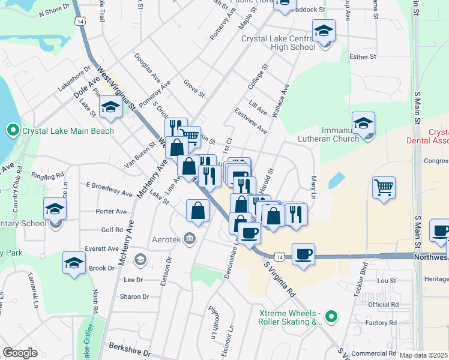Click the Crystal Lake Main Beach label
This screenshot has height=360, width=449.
click(68, 131)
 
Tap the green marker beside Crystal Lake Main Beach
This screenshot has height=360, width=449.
click(13, 130)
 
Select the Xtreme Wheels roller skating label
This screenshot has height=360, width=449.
click(291, 317)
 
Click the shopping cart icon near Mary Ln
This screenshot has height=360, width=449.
click(383, 187)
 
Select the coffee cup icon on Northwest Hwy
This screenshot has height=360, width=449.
click(304, 253)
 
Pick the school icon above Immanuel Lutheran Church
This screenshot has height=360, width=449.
click(363, 123)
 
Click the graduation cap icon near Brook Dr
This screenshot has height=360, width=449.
click(74, 263)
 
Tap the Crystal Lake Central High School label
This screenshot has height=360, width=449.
click(279, 43)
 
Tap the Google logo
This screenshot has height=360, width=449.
click(20, 353)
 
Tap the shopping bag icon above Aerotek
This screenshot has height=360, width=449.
click(198, 210)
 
